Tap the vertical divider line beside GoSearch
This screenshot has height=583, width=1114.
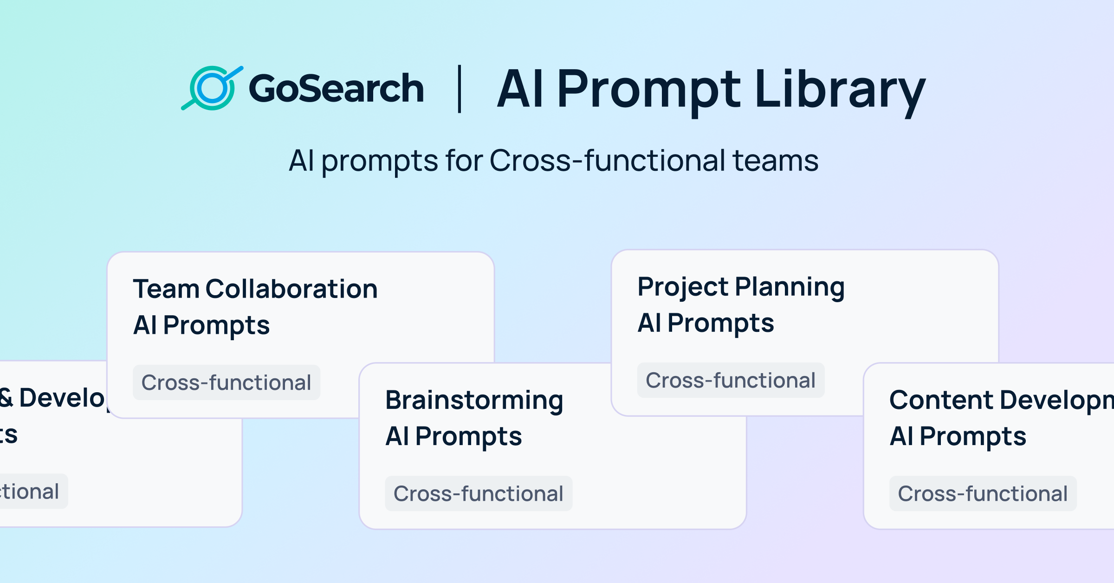coord(460,89)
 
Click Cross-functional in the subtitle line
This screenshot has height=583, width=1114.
coord(607,161)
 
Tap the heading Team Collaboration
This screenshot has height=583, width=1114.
coord(255,289)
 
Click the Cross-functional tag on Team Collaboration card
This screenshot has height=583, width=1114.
coord(226,382)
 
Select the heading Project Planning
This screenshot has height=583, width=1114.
coord(741,287)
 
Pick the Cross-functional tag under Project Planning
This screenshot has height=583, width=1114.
coord(730,380)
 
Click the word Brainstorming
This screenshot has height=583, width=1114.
coord(474,400)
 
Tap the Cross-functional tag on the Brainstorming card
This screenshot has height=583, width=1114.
coord(478,493)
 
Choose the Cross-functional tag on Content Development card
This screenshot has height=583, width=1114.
coord(983,493)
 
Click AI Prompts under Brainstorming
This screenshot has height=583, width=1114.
coord(453,436)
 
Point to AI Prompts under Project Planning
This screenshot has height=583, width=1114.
coord(706,323)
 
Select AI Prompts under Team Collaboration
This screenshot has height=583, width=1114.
coord(201,325)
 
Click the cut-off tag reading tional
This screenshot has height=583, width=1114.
coord(31,492)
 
